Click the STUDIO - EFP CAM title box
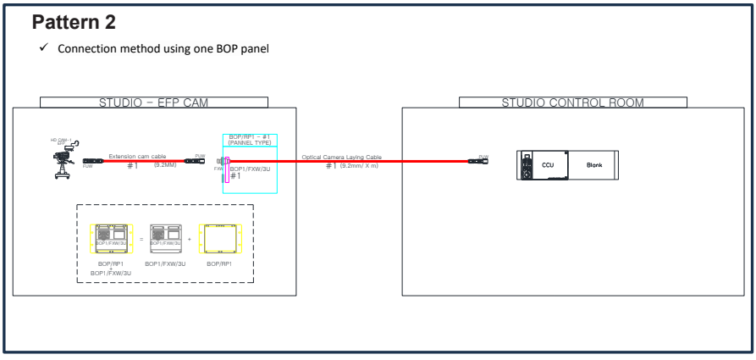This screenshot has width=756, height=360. [x=154, y=102]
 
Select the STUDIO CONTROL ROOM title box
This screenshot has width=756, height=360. [x=572, y=102]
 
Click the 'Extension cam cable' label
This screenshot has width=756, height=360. [x=137, y=156]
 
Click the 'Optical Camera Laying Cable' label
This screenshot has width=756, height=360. [x=339, y=156]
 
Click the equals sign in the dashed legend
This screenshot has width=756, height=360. [x=141, y=240]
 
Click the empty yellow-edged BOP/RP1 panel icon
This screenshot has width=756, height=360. [x=219, y=240]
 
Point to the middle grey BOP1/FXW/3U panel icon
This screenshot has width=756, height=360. [x=165, y=240]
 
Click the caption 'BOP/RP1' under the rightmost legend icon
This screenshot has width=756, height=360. [x=219, y=264]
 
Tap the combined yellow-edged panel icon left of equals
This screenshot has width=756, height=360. [x=113, y=240]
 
